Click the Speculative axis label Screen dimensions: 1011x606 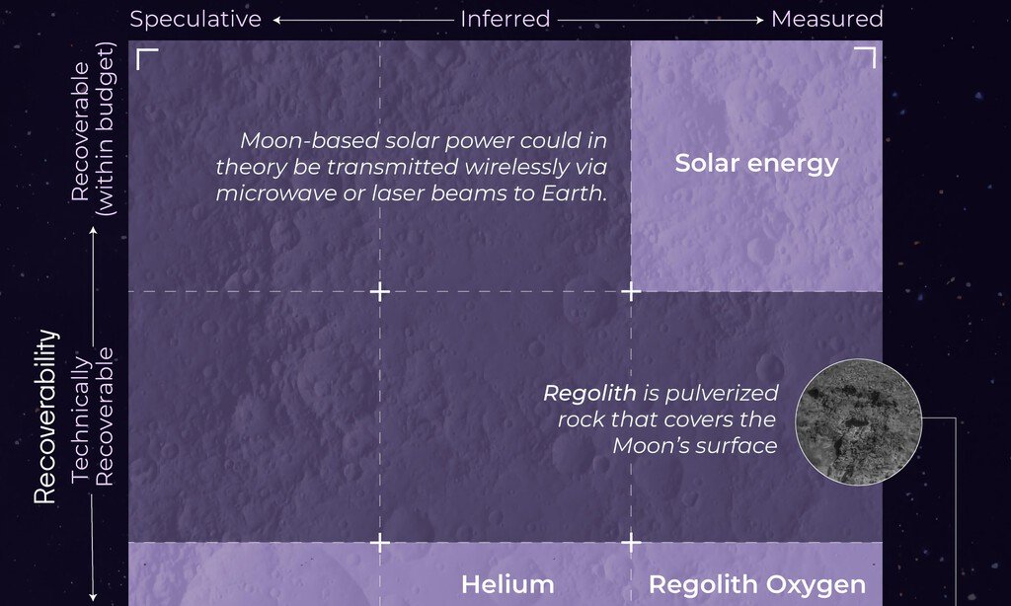(195, 20)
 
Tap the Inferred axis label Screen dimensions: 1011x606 (505, 19)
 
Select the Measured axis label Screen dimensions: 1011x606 (827, 19)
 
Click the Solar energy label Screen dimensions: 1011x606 (756, 164)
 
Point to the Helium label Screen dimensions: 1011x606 (507, 584)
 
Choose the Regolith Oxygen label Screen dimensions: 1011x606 (757, 585)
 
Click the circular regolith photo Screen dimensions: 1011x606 (858, 421)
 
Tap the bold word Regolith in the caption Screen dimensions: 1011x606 (589, 393)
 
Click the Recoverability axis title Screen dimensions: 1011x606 (45, 417)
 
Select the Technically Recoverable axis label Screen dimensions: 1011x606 (92, 417)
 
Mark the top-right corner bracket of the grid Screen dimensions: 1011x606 (865, 57)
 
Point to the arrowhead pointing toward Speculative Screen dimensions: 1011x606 (276, 20)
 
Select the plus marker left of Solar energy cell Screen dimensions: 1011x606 (631, 292)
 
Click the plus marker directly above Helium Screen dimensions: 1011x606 (380, 543)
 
